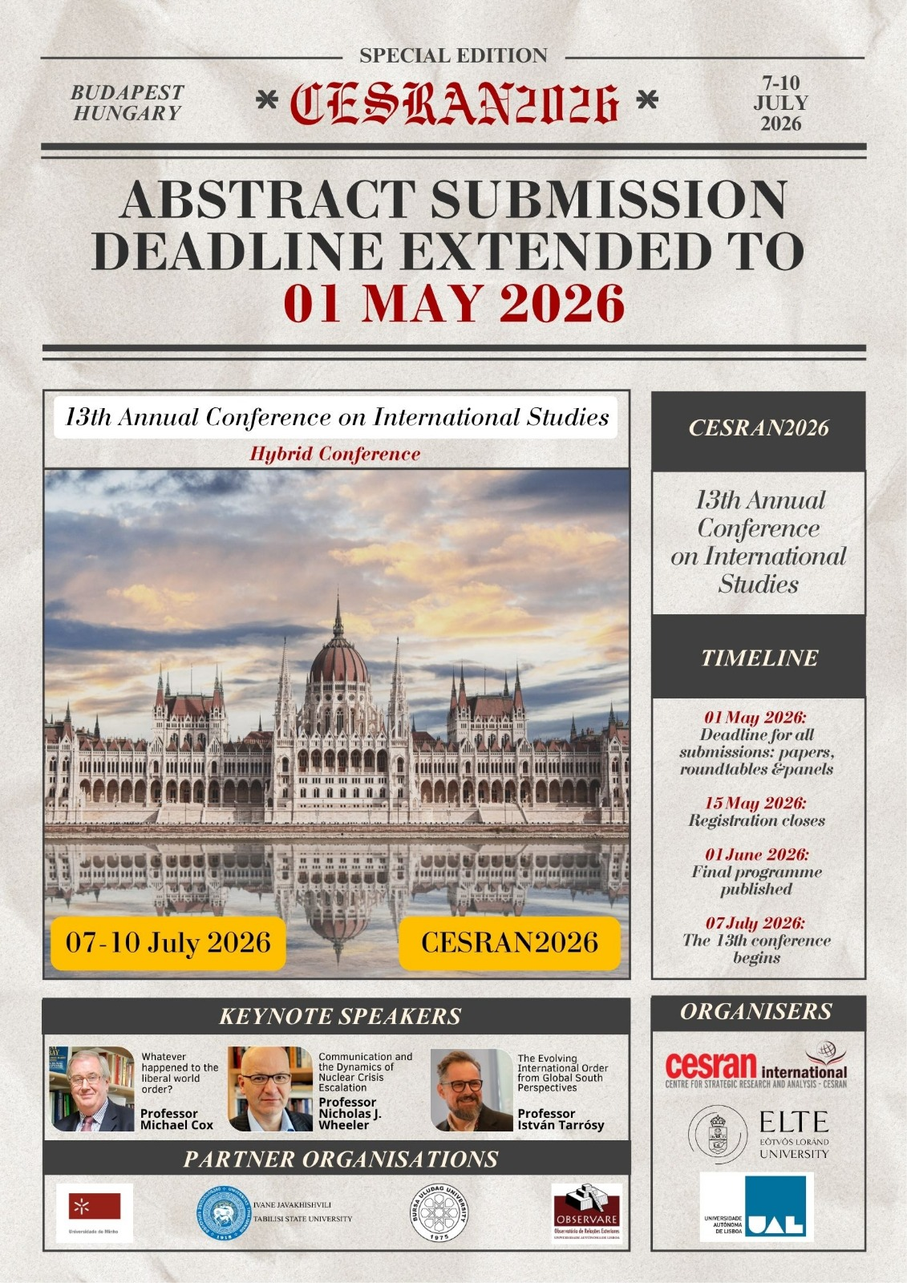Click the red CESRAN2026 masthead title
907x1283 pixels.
click(454, 103)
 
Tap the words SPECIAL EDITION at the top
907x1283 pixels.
click(453, 56)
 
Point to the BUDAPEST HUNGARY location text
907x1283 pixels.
click(127, 103)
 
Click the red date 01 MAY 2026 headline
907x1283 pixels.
click(454, 303)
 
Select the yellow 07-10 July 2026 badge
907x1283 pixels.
click(168, 942)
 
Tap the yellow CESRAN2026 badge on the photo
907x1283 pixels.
click(509, 942)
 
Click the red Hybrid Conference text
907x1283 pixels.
click(335, 454)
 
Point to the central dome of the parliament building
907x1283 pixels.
click(338, 662)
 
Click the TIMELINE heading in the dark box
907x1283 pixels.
click(759, 658)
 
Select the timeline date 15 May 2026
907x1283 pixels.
click(755, 803)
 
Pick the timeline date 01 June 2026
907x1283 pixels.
click(756, 855)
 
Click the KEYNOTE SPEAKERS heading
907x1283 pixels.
click(340, 1016)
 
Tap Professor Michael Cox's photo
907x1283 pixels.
click(91, 1088)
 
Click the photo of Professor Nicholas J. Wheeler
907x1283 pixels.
click(270, 1088)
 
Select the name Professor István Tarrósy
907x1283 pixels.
click(561, 1119)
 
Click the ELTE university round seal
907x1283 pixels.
click(719, 1135)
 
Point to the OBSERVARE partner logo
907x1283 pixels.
click(587, 1212)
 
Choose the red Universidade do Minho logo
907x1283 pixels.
click(95, 1207)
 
